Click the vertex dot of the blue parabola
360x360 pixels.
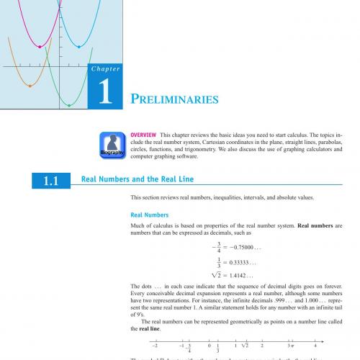[x=79, y=45]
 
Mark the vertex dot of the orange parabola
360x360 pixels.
[x=30, y=86]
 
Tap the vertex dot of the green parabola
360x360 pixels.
[x=69, y=105]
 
